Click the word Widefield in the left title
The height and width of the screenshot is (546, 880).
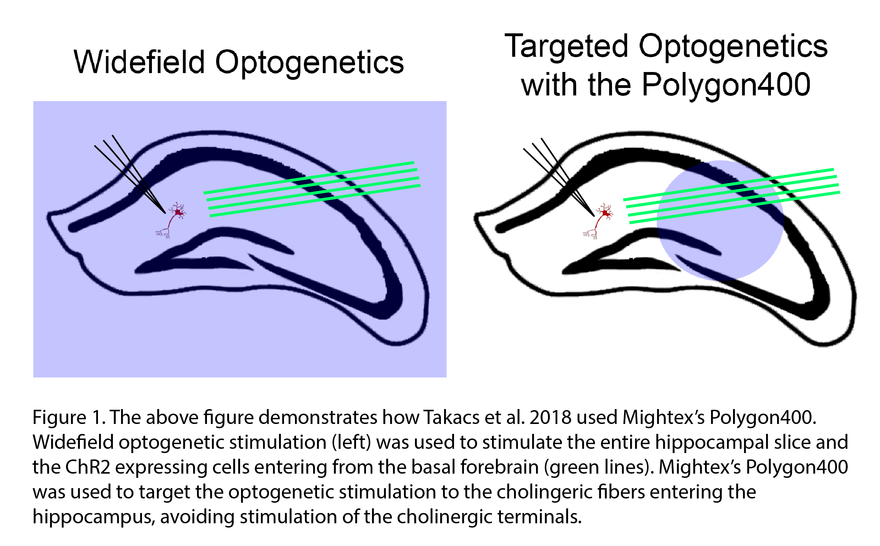140,62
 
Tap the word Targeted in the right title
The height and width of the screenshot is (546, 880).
567,47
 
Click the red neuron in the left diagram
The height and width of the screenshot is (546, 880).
171,220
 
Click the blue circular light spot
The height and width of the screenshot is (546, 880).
720,221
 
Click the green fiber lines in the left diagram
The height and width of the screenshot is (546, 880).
312,189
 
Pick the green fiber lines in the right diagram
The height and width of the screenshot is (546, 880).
732,196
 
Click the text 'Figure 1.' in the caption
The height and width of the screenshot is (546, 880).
69,418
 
